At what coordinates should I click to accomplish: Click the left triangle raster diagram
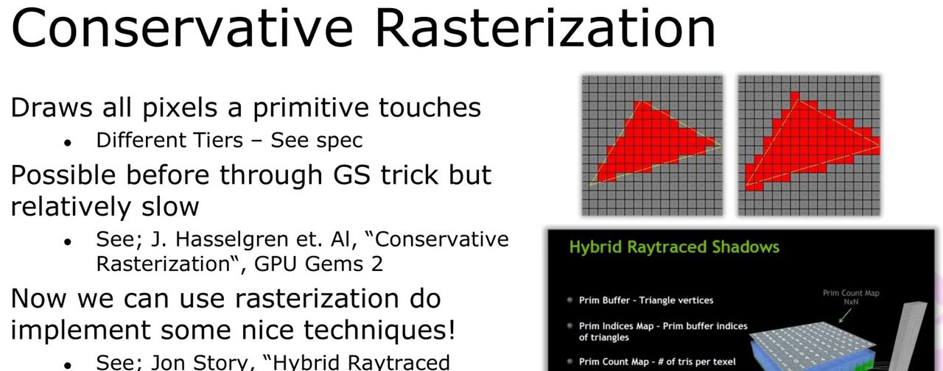click(653, 145)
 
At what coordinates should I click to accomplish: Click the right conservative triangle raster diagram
click(809, 145)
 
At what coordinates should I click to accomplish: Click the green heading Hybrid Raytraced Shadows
click(674, 247)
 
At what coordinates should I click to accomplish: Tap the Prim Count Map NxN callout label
click(851, 297)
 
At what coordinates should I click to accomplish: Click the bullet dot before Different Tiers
click(68, 141)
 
